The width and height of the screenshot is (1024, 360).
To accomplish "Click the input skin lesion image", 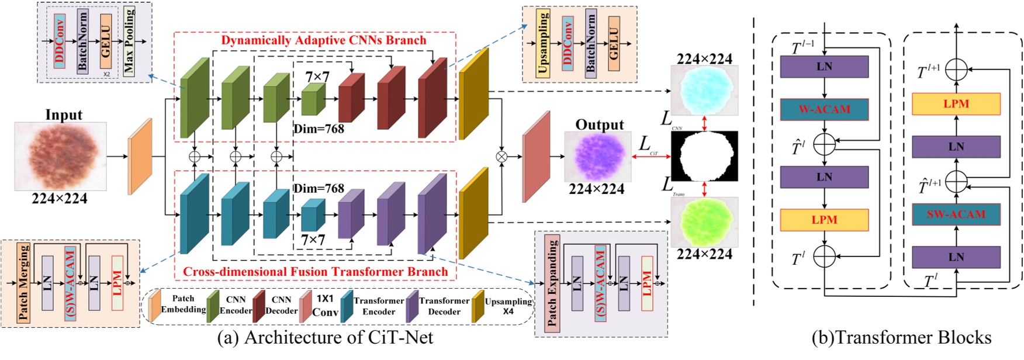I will [x=60, y=156].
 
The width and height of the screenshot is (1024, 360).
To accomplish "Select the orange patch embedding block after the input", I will [x=140, y=157].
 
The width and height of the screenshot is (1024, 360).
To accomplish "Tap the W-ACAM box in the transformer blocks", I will [x=824, y=109].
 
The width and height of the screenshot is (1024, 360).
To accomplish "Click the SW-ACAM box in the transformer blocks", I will [x=956, y=214].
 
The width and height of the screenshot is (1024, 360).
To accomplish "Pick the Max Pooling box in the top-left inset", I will [x=129, y=41].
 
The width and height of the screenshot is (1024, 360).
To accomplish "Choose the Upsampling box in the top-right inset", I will [x=543, y=44].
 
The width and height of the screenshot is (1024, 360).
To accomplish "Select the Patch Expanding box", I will [x=552, y=283].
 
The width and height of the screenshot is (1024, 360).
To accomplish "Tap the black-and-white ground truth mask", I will [x=704, y=156].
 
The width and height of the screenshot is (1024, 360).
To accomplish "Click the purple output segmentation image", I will [x=597, y=156].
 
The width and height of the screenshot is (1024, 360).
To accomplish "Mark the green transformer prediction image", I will [x=704, y=223].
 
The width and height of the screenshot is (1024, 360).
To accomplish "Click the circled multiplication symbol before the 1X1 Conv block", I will [x=501, y=156].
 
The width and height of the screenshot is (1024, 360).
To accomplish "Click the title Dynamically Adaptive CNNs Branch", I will [x=323, y=40].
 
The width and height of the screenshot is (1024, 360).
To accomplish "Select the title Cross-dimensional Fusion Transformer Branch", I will [x=315, y=272].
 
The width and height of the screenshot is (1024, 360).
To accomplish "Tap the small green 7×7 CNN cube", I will [x=313, y=99].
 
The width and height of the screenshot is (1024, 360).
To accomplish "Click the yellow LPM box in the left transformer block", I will [x=824, y=220].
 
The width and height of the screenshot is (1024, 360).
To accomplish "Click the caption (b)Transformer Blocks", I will [x=901, y=338].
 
